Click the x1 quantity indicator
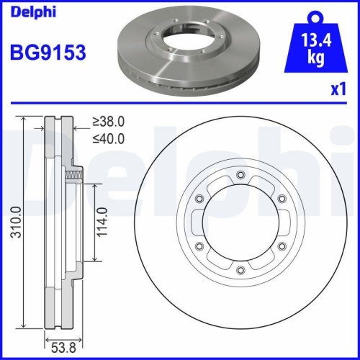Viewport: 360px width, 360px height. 337,90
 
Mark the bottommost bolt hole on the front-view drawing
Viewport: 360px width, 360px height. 239,270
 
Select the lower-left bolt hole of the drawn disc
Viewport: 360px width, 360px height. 199,247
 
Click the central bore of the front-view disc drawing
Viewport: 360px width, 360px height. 239,223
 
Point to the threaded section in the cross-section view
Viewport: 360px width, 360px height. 73,175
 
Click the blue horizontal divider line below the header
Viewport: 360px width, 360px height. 180,103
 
